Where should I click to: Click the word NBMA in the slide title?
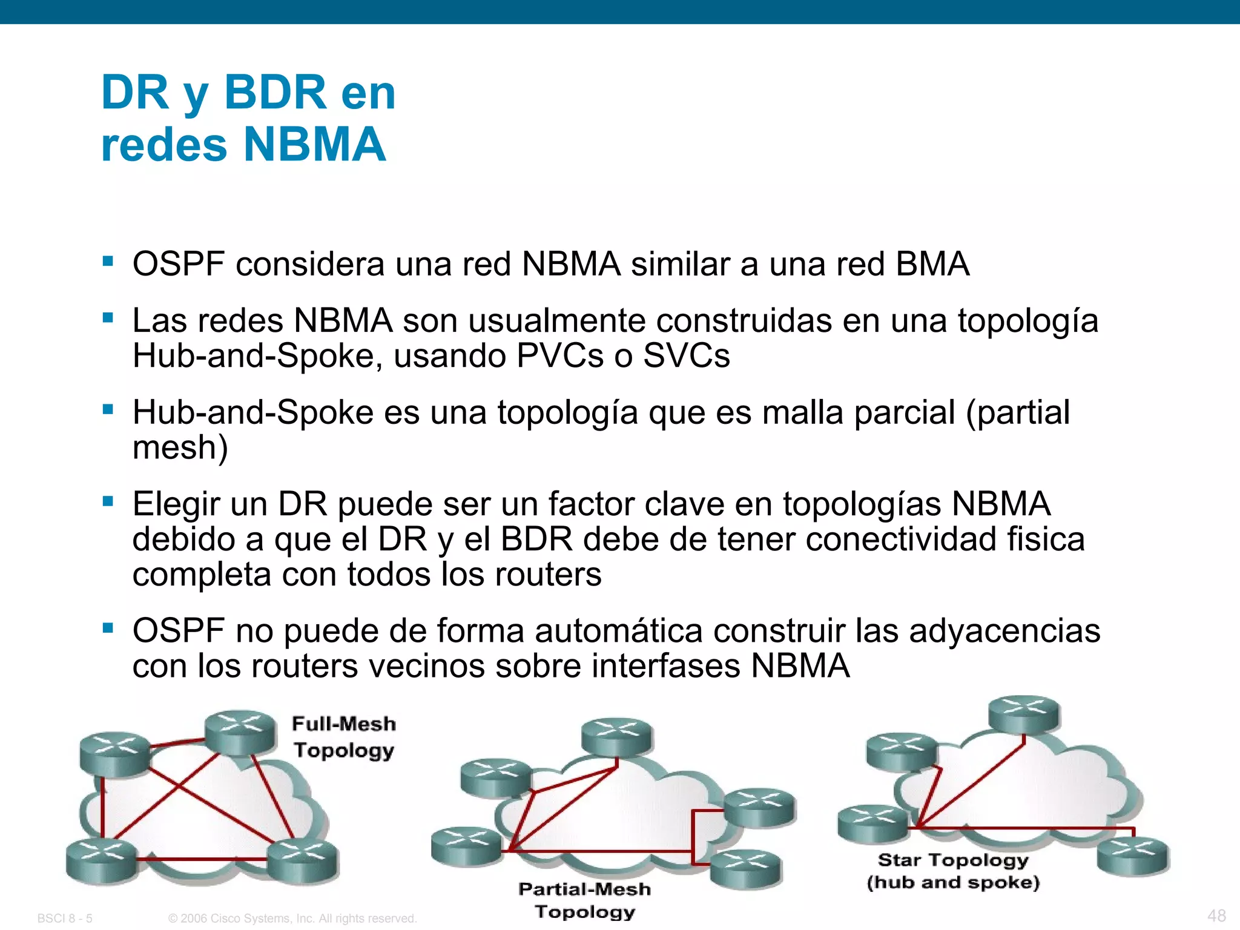point(314,145)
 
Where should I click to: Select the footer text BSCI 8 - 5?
point(65,918)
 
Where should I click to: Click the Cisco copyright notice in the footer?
point(292,918)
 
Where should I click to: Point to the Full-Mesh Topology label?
point(344,737)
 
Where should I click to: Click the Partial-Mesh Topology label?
point(585,900)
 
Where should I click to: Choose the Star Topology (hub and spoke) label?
point(953,871)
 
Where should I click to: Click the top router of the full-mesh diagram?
point(240,731)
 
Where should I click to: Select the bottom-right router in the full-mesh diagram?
point(303,861)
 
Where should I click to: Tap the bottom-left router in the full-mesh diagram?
point(102,861)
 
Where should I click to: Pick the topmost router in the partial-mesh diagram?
point(616,737)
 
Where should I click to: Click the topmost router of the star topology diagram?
point(1024,714)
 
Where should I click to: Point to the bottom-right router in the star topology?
point(1133,856)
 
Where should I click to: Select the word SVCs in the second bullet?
point(686,355)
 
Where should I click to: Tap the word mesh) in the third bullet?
point(180,447)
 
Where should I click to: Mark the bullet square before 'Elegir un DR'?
point(108,501)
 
